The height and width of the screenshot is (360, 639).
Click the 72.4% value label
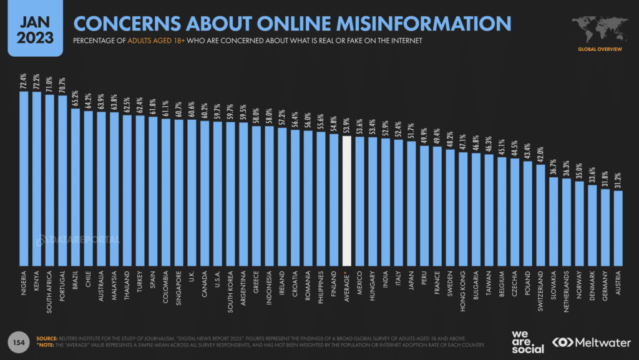coord(24,82)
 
